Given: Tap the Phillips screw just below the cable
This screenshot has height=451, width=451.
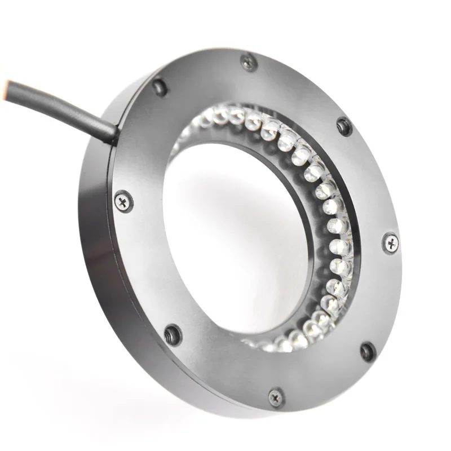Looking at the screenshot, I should point(123,201).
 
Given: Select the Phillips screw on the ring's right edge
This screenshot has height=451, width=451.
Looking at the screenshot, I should point(390,242).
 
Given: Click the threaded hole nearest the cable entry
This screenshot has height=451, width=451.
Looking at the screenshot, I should point(160,86).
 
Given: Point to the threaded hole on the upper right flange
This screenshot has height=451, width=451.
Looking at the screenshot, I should point(344,126).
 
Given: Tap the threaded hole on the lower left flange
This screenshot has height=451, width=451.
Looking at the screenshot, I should point(173,335).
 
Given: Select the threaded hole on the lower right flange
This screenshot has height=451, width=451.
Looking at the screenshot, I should point(368,352).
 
